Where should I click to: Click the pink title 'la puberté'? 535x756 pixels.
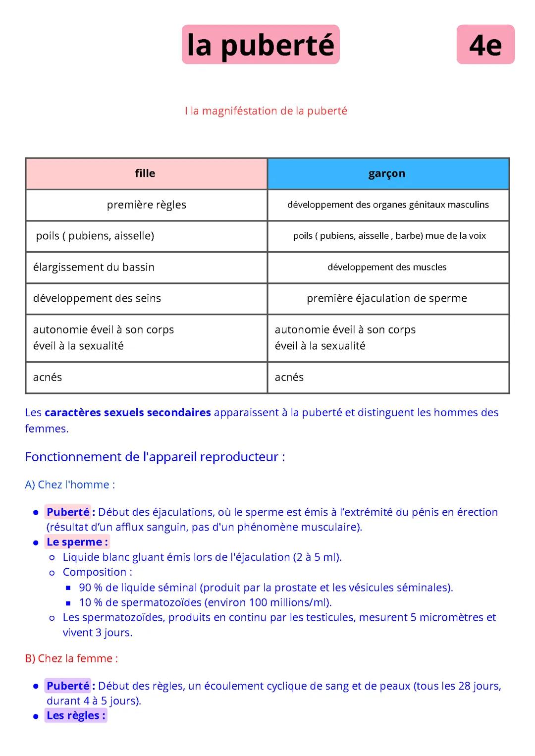[261, 45]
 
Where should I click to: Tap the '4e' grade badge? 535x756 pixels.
[485, 45]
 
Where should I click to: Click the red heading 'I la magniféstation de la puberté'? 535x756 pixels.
[266, 111]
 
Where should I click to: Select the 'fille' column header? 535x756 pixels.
[145, 173]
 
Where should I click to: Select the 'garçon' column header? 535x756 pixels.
[387, 173]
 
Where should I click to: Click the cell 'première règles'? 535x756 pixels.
[147, 205]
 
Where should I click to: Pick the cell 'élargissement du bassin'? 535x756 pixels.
[94, 267]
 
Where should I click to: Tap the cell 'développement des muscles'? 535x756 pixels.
[387, 267]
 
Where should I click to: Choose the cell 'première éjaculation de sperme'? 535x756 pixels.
[387, 298]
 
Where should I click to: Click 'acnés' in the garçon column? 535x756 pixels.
[289, 377]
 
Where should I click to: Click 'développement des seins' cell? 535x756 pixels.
[97, 298]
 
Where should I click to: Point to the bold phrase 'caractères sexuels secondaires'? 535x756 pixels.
[128, 413]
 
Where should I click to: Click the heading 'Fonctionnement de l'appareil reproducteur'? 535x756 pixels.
[155, 457]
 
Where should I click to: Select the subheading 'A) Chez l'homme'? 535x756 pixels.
[70, 485]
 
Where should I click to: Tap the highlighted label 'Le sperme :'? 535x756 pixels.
[77, 542]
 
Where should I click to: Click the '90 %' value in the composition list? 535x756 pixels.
[91, 588]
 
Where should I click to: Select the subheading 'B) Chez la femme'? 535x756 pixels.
[71, 658]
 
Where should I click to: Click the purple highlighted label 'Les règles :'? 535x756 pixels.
[76, 715]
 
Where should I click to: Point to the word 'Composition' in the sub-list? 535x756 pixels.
[95, 572]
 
